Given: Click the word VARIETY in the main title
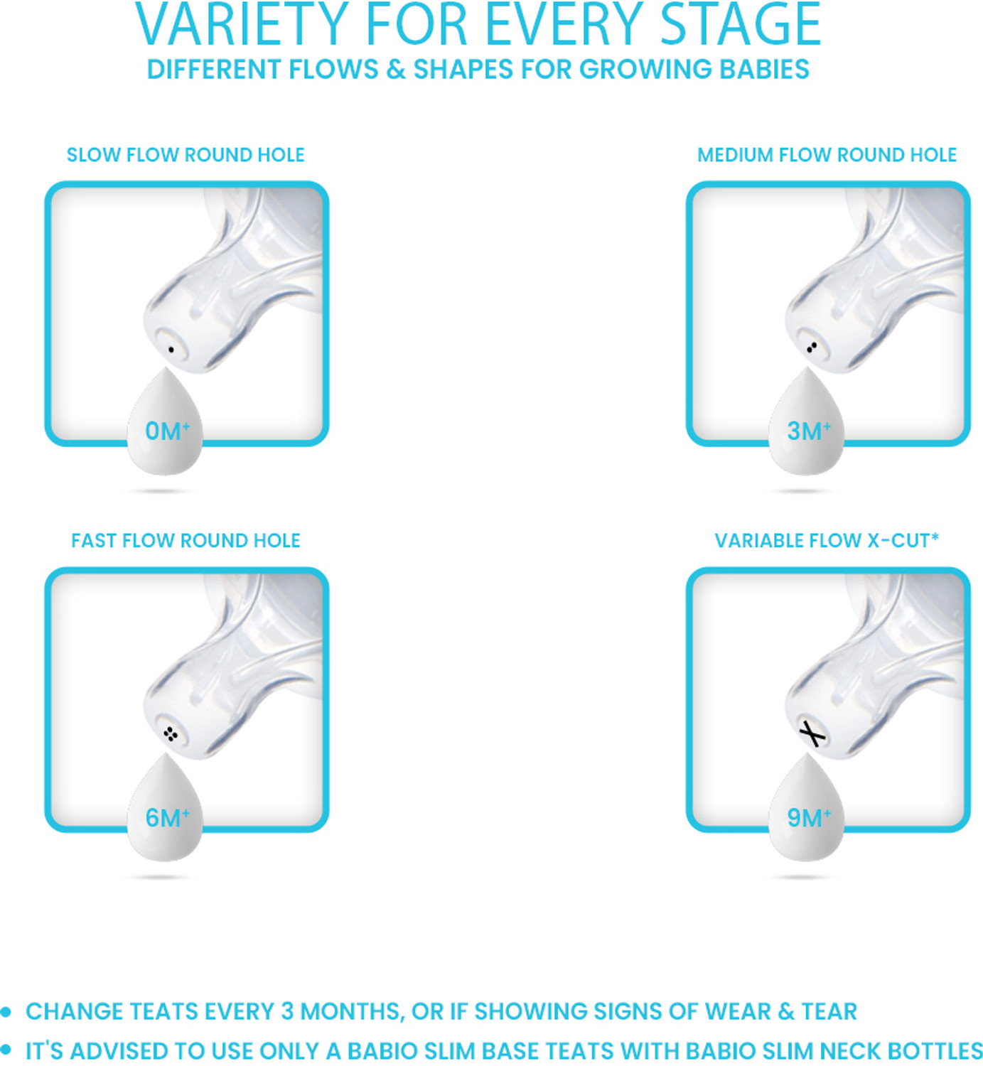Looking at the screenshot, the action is [242, 25].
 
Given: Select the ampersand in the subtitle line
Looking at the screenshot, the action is [396, 69].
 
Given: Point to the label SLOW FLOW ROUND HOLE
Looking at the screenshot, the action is [186, 155].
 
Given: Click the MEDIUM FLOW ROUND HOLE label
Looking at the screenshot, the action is [826, 155].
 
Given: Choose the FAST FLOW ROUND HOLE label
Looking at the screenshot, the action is [186, 541].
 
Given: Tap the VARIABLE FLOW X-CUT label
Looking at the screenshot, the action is [826, 541].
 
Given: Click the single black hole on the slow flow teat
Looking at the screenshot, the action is [171, 350].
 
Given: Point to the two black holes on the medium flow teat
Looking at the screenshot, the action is [811, 348].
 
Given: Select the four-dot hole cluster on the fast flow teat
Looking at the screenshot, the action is [170, 734].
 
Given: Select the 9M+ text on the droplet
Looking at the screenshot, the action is [809, 818].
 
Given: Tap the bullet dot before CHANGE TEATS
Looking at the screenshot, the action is [6, 1012].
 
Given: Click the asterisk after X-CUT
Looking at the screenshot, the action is [935, 536].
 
